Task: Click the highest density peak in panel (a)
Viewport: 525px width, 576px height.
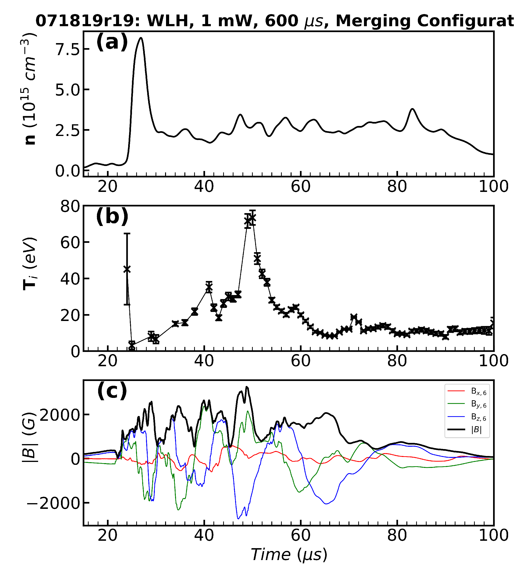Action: point(141,38)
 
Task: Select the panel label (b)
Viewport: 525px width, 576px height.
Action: point(112,216)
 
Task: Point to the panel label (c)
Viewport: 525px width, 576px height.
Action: point(112,391)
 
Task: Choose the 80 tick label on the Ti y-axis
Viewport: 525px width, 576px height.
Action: point(70,206)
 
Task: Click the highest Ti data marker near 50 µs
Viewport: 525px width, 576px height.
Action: point(252,218)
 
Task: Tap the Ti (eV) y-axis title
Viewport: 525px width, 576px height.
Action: point(30,263)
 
